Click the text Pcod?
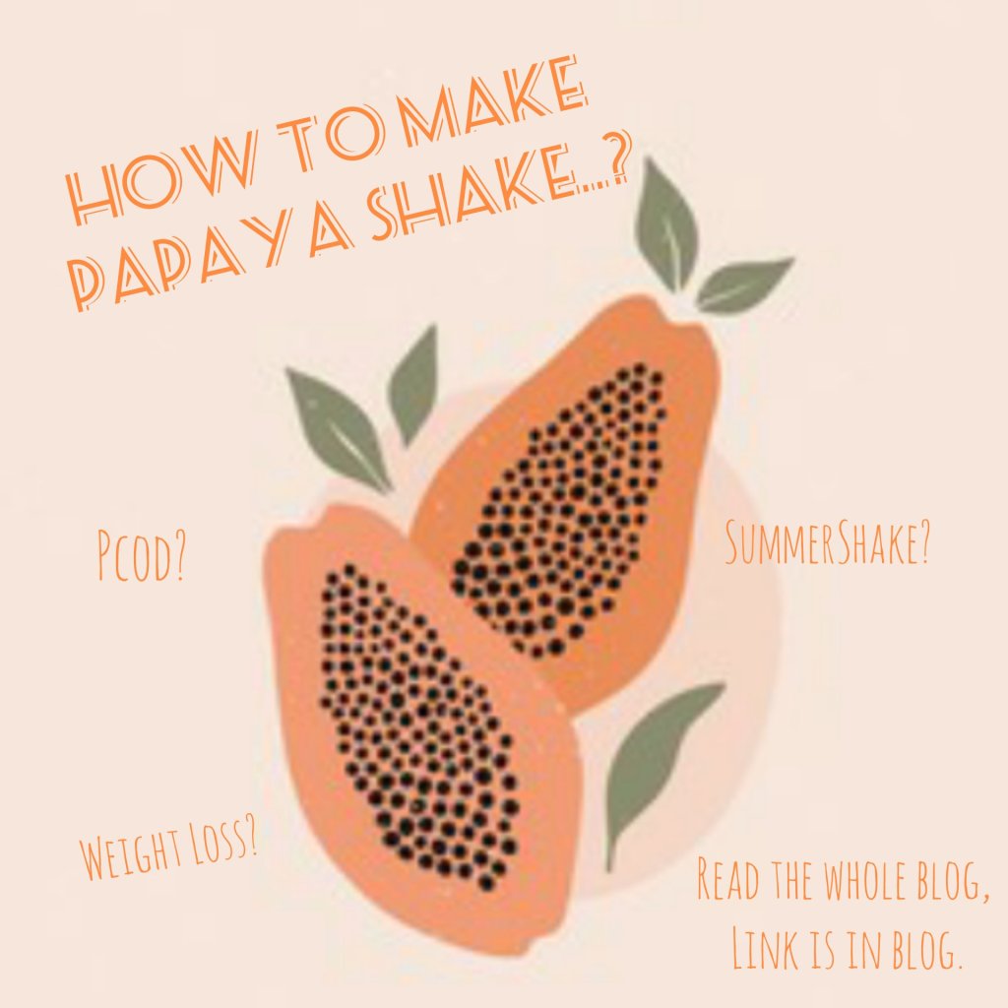[141, 553]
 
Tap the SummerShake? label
[828, 543]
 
